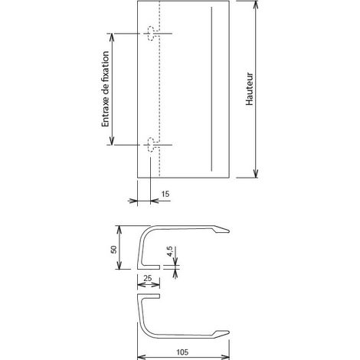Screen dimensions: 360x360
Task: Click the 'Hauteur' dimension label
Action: coord(250,89)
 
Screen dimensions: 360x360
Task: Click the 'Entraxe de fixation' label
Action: coord(105,89)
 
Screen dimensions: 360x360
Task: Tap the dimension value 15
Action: coord(165,194)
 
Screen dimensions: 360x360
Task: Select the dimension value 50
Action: coord(113,250)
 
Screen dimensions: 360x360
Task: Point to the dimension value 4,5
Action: coord(170,251)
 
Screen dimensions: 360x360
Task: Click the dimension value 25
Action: coord(148,278)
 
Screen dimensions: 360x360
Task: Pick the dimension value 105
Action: coord(182,352)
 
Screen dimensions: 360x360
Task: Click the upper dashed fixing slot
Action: coord(152,33)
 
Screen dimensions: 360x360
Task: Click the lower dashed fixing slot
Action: coord(152,145)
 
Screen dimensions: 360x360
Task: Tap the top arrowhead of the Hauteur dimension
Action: coord(256,5)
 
